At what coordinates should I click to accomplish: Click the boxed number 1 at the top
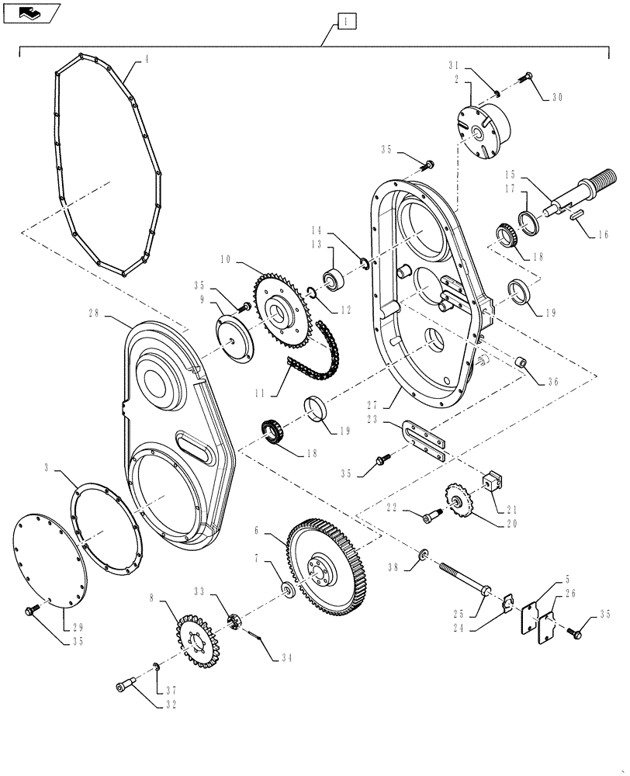pos(346,23)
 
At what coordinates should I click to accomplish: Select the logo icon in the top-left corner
pos(31,12)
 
